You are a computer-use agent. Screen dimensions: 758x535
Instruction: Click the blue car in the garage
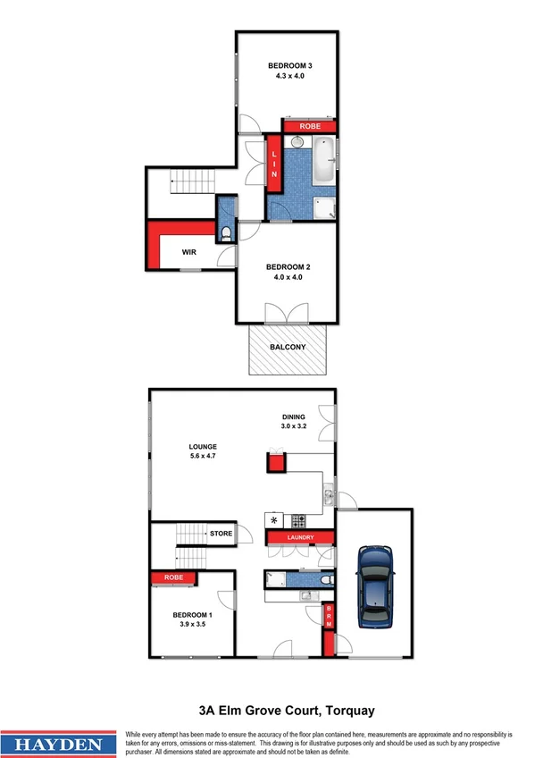374,587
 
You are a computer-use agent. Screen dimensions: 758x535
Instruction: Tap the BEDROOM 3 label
289,66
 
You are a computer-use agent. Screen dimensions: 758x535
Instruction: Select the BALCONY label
288,347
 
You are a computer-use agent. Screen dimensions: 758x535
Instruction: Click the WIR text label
188,253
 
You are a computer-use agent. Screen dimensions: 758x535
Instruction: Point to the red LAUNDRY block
299,537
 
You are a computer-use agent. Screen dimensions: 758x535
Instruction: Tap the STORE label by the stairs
221,534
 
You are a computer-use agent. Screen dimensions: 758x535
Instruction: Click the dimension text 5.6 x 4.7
204,456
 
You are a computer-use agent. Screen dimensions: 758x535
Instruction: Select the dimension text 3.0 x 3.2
294,426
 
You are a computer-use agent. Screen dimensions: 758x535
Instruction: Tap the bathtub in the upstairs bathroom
322,159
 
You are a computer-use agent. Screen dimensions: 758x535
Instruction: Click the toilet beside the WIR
226,234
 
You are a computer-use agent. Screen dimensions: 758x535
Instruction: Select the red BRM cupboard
329,615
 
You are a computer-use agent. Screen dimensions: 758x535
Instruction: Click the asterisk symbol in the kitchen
274,519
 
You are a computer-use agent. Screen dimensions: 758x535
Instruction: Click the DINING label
294,417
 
